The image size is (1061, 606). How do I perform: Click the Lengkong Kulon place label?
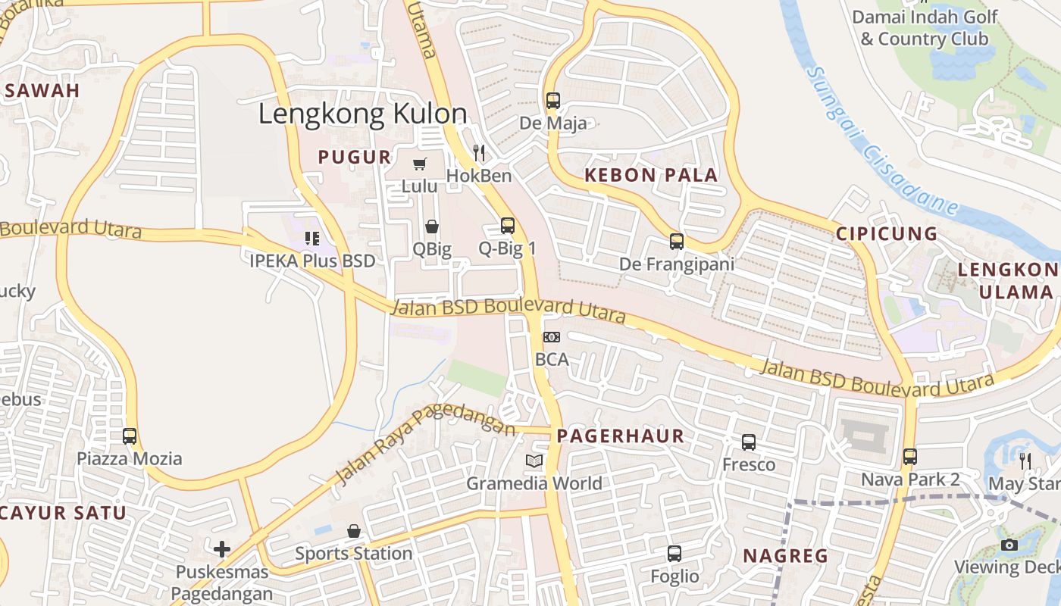[x=363, y=114]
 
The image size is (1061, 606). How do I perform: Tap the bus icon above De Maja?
[x=553, y=101]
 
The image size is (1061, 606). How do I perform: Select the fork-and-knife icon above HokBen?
[x=479, y=153]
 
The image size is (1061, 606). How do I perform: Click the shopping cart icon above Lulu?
[x=420, y=164]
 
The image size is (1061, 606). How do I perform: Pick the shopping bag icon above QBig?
[x=432, y=226]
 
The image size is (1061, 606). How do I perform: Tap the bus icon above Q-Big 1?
[x=508, y=226]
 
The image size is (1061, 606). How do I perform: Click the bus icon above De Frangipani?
[x=677, y=242]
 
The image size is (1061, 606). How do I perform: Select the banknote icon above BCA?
[x=552, y=337]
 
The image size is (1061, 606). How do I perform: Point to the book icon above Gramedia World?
[x=534, y=461]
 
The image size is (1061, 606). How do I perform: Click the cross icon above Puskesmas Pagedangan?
[x=222, y=548]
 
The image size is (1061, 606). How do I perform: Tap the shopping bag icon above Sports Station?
[x=354, y=531]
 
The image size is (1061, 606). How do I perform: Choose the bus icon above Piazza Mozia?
[x=130, y=436]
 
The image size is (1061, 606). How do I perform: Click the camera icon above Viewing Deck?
[x=1009, y=545]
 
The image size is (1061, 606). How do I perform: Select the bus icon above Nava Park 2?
[x=910, y=457]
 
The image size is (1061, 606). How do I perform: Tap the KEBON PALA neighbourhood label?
[x=651, y=175]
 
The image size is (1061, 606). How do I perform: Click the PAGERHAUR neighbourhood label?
[x=621, y=436]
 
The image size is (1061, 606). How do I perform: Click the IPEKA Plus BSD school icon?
[x=312, y=239]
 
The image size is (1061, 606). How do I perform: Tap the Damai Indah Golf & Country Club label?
[x=925, y=27]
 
